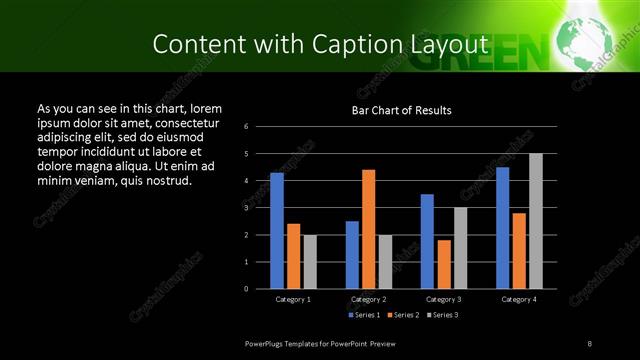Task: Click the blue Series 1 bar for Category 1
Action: [277, 231]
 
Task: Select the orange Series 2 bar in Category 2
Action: [368, 229]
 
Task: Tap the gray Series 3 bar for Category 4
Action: [536, 221]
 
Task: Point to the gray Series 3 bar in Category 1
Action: [310, 262]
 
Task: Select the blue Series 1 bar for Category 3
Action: [427, 241]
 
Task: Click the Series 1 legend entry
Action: [363, 315]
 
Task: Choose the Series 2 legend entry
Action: [402, 315]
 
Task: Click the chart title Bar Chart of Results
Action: [401, 110]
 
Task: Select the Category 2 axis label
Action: [368, 299]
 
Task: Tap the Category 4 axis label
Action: [519, 299]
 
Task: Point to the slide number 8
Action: [590, 343]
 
